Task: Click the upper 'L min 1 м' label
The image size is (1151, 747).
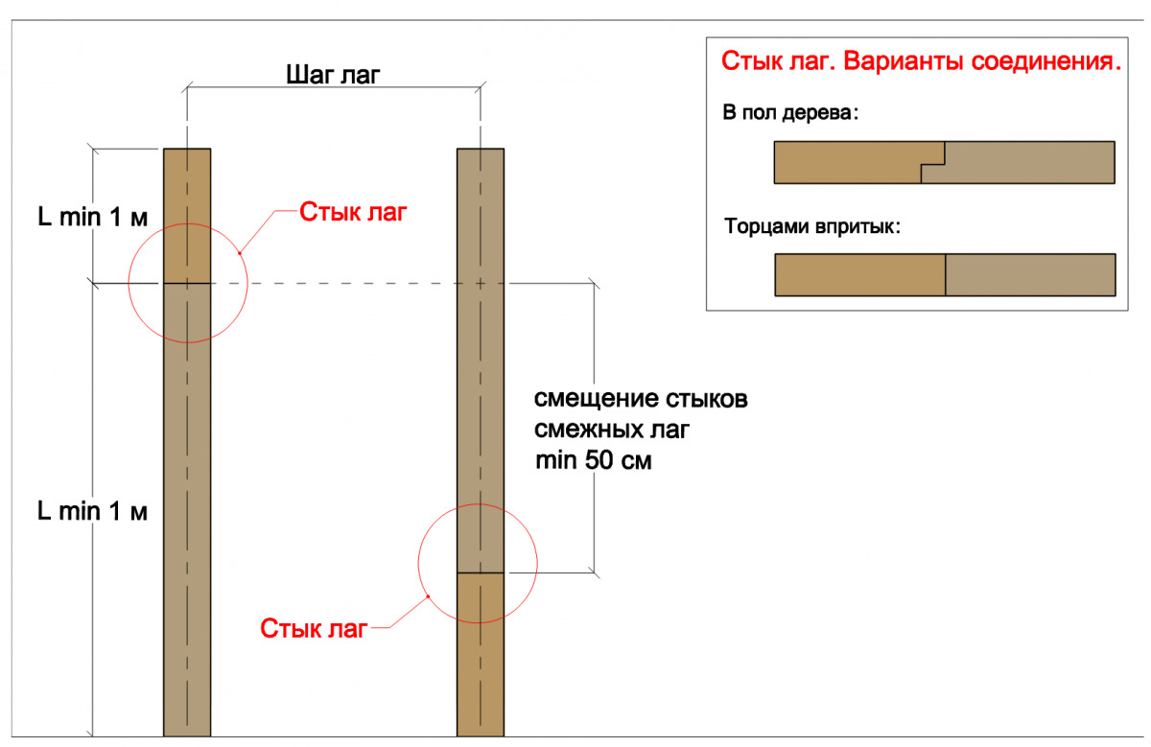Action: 92,218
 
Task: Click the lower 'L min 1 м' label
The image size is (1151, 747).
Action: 92,511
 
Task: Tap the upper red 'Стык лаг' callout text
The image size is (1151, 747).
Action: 347,212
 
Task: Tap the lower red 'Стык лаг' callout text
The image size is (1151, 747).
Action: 314,629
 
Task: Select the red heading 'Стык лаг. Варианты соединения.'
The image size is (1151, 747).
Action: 921,63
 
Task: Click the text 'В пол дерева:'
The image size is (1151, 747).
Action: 791,113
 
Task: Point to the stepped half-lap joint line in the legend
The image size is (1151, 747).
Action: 933,162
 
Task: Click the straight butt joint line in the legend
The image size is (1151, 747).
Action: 946,274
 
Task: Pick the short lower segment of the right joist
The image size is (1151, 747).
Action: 481,652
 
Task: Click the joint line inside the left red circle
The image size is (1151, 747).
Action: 187,283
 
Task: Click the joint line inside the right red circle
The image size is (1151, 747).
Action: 481,572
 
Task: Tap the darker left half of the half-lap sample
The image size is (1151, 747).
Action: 844,162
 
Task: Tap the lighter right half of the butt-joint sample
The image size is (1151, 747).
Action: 1030,274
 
